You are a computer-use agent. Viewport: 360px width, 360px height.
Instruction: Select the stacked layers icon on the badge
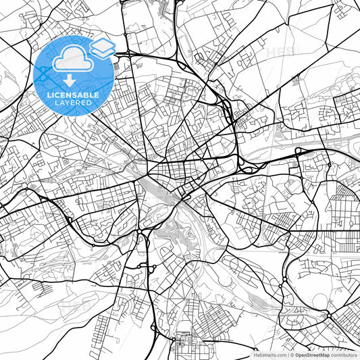tap(102, 47)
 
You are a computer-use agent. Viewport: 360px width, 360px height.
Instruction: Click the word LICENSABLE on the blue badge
tap(72, 95)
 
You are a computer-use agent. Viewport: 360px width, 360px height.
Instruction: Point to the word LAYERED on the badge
tap(73, 103)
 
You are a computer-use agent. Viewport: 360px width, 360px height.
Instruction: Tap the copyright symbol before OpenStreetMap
tap(292, 355)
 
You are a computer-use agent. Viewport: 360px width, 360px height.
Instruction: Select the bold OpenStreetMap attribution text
tap(312, 355)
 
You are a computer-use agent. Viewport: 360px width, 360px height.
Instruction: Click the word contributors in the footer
tap(344, 355)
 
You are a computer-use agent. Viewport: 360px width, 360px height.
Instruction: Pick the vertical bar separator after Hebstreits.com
tap(288, 355)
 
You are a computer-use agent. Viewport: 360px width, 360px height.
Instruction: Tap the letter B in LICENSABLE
tap(85, 95)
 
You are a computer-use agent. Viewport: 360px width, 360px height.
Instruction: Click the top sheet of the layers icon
tap(102, 44)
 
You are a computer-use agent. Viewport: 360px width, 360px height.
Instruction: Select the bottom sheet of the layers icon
tap(102, 51)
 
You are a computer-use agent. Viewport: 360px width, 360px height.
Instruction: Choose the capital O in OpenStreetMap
tap(297, 355)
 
